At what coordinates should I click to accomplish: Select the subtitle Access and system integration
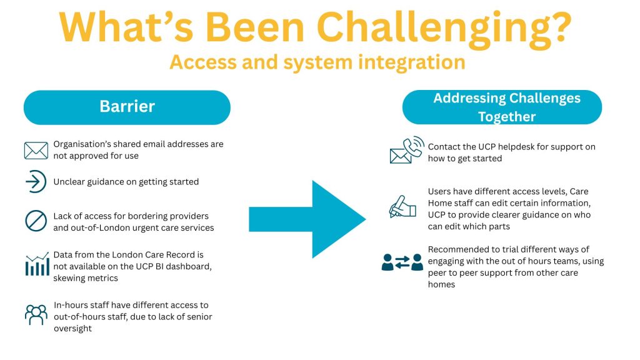317,62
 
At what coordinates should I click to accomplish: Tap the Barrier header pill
127,107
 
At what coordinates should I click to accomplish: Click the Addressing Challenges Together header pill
501,107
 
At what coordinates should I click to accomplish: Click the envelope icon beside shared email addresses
36,150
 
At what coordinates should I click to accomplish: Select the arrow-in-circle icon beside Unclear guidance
36,182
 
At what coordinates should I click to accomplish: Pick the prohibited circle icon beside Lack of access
36,221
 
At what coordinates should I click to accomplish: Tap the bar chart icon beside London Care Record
36,265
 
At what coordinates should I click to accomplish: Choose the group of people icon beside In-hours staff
36,314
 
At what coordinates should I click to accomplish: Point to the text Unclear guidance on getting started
126,182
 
